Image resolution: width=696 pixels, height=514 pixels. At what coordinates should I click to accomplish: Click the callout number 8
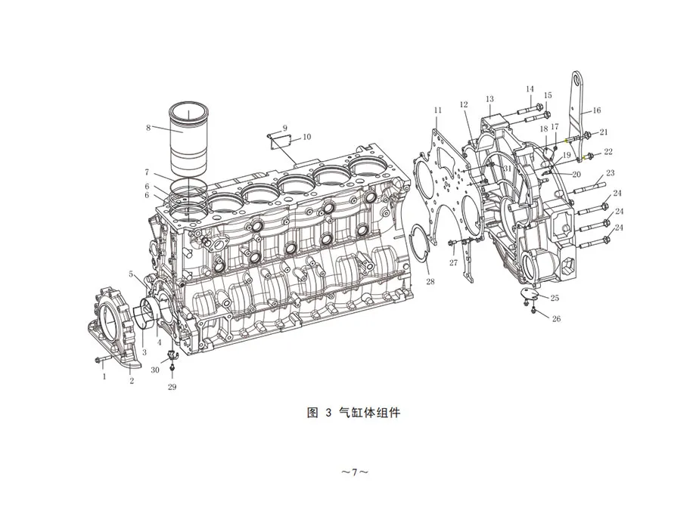pyautogui.click(x=148, y=128)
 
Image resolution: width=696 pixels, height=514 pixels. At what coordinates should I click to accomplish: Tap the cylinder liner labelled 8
pyautogui.click(x=189, y=139)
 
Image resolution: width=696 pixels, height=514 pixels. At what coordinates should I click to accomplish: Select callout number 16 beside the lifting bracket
pyautogui.click(x=597, y=110)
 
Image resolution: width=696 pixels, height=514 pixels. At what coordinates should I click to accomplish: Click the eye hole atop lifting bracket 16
pyautogui.click(x=577, y=79)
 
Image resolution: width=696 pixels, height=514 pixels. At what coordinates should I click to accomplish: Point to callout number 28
pyautogui.click(x=430, y=281)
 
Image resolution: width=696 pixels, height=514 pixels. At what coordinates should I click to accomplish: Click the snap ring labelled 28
pyautogui.click(x=418, y=243)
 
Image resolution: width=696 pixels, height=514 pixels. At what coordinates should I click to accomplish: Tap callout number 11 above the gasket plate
pyautogui.click(x=438, y=110)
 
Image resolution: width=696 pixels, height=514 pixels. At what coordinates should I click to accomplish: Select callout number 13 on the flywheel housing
pyautogui.click(x=489, y=99)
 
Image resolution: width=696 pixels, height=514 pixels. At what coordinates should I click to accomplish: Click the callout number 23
pyautogui.click(x=611, y=172)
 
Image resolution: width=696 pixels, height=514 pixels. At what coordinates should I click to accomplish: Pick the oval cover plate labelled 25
pyautogui.click(x=532, y=293)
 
